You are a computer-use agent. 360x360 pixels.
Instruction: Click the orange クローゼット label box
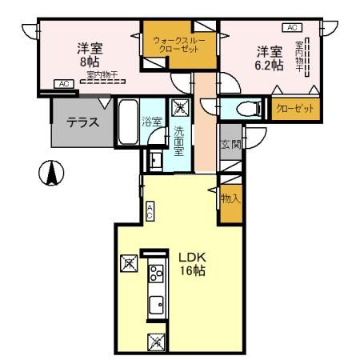294,108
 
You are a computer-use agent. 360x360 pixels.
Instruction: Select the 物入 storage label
230,198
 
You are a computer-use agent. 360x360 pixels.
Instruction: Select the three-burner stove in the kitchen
154,278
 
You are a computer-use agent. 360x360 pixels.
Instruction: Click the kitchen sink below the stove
155,304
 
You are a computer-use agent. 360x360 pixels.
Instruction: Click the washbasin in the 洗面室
154,162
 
